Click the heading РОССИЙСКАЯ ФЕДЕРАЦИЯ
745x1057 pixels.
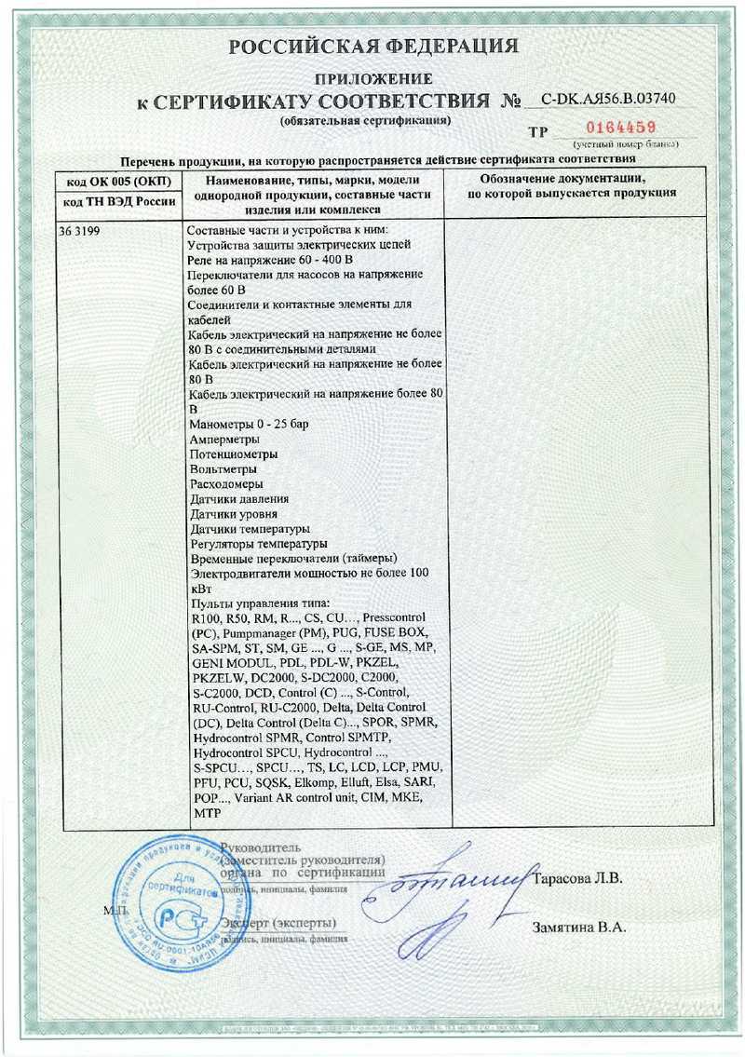pyautogui.click(x=372, y=47)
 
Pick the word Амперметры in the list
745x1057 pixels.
pyautogui.click(x=223, y=440)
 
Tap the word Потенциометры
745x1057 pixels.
pyautogui.click(x=233, y=454)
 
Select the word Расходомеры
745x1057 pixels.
pyautogui.click(x=225, y=484)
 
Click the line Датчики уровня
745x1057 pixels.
pyautogui.click(x=233, y=514)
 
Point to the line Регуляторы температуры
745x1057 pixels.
pyautogui.click(x=258, y=543)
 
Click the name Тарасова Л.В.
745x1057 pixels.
pyautogui.click(x=580, y=878)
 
